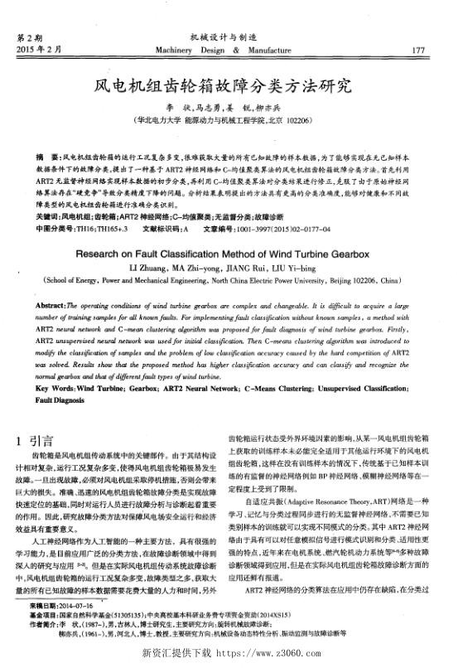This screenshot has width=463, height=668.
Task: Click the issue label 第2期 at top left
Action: [x=29, y=37]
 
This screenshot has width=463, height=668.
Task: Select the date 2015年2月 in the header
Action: [x=39, y=51]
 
